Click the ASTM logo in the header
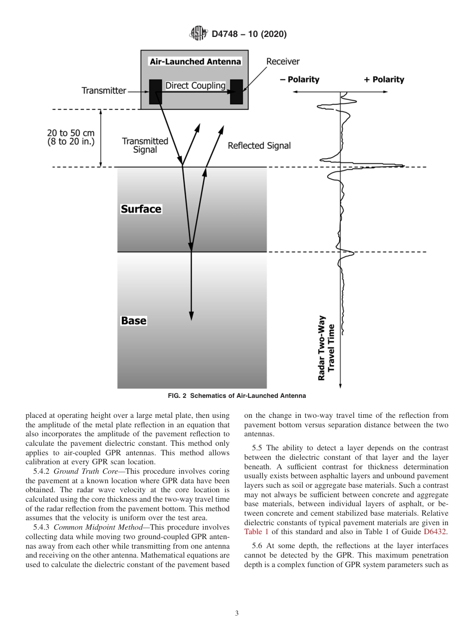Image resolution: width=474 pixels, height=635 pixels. pos(198,34)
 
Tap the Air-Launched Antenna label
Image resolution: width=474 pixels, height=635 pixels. pos(195,62)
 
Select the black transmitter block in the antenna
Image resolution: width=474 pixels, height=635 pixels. pos(155,92)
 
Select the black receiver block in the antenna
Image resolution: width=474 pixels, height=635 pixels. pos(236,92)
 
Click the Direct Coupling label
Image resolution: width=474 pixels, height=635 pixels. pos(195,85)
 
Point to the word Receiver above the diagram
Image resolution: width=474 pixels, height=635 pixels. pos(283,61)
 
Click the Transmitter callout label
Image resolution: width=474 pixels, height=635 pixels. pos(104,90)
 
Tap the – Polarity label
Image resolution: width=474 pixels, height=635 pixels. pos(299,79)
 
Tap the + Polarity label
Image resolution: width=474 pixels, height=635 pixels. pos(384,79)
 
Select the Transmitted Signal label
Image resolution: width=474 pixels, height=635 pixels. pos(145,145)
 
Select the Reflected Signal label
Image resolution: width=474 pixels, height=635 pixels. pos(259,146)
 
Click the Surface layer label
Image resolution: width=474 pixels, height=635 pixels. pos(141,209)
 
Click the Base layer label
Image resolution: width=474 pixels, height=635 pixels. pos(134,320)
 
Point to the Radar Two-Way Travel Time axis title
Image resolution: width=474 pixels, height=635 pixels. pos(326,347)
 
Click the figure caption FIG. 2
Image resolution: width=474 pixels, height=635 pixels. pos(237,396)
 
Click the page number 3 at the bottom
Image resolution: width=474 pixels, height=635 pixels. pos(237,614)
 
